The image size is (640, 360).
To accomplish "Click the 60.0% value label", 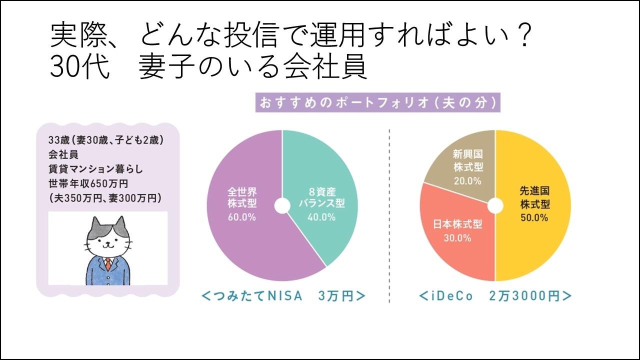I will pyautogui.click(x=241, y=217).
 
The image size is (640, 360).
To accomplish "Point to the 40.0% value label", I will pyautogui.click(x=321, y=217).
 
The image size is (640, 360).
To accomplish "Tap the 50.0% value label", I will pyautogui.click(x=534, y=218).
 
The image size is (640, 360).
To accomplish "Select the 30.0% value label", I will pyautogui.click(x=457, y=238).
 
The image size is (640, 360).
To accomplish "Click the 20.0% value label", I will pyautogui.click(x=467, y=180).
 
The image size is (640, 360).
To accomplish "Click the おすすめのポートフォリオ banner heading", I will pyautogui.click(x=378, y=103).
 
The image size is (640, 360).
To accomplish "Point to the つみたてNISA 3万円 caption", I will pyautogui.click(x=283, y=296).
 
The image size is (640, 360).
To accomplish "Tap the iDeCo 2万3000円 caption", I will pyautogui.click(x=495, y=296).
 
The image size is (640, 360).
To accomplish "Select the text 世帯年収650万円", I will pyautogui.click(x=85, y=183).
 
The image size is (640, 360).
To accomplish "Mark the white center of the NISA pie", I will pyautogui.click(x=282, y=205).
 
